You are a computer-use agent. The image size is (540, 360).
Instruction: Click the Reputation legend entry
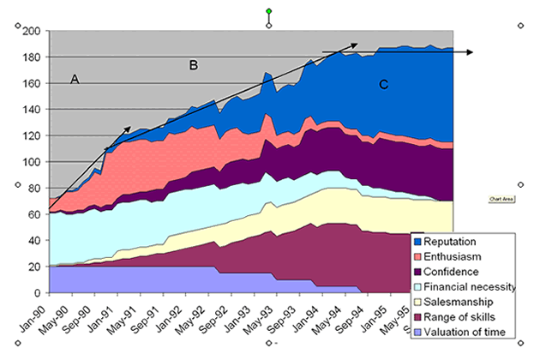point(454,241)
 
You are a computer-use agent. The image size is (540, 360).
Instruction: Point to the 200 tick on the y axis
point(33,31)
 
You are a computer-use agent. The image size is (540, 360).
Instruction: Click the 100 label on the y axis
point(33,162)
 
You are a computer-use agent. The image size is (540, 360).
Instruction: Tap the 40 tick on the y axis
point(35,241)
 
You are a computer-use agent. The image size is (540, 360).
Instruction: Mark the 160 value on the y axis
point(33,84)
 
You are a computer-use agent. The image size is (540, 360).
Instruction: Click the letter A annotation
point(75,79)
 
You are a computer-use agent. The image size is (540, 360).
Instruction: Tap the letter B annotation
point(194,64)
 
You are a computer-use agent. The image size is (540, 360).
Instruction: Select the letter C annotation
point(383,84)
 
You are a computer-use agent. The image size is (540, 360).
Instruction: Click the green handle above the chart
point(269,11)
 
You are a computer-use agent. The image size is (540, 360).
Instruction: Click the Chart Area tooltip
point(501,198)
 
